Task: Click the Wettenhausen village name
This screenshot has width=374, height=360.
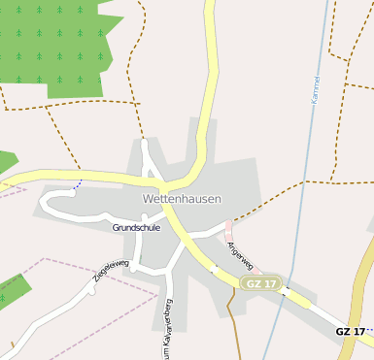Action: (x=182, y=198)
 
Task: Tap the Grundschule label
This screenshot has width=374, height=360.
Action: (x=136, y=228)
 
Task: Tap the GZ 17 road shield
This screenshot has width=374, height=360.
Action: (x=261, y=283)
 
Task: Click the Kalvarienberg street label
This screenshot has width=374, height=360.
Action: (x=167, y=320)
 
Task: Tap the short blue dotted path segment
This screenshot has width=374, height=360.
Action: (x=76, y=185)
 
